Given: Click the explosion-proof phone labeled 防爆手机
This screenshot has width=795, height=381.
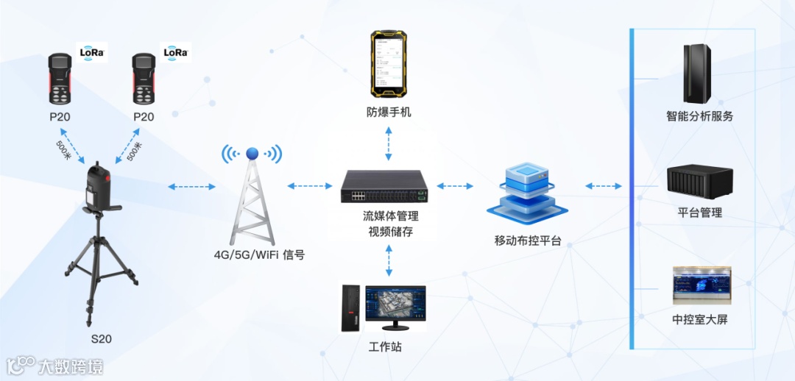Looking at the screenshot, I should [389, 64].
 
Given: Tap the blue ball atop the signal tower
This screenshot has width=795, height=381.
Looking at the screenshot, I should [252, 153].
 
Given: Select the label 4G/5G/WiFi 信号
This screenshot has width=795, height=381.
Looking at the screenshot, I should [258, 255].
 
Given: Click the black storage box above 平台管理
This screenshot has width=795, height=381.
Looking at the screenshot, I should [699, 181].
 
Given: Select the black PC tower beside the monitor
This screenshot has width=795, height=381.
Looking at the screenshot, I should [350, 307].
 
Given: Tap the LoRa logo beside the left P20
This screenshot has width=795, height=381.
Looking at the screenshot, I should [93, 52].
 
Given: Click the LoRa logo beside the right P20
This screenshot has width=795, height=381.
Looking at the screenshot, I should [175, 52].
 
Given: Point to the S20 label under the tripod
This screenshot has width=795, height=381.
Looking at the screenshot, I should [102, 338].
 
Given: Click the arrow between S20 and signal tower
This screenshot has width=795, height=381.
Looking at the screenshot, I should [191, 187].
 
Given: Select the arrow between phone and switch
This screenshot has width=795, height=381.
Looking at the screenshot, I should [388, 143].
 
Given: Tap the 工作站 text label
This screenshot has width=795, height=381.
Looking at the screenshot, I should [385, 346].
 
